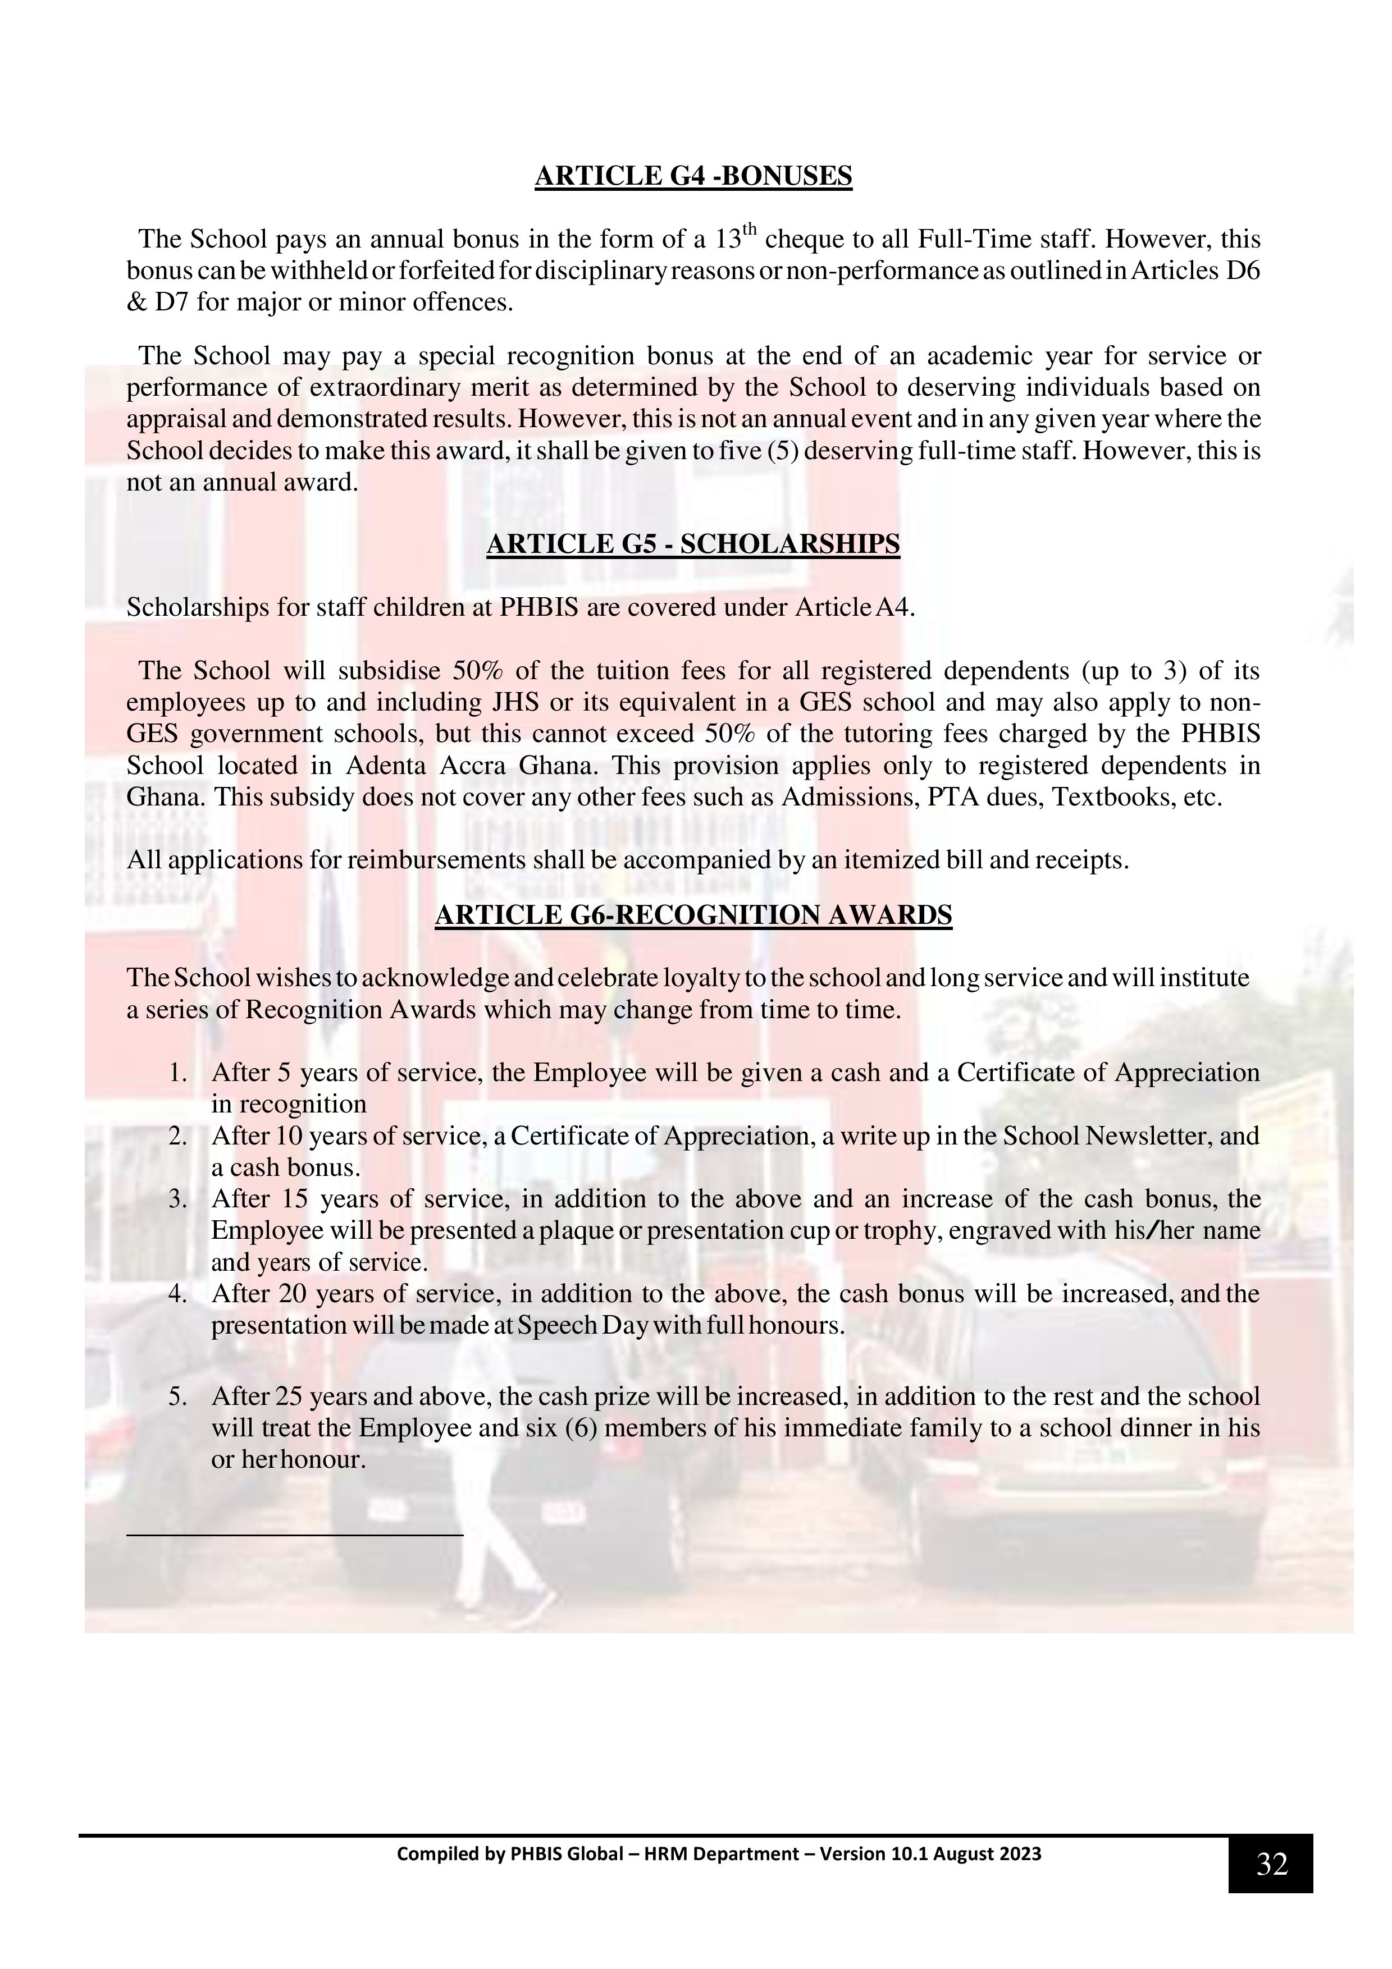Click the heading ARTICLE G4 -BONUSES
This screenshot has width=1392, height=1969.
(693, 176)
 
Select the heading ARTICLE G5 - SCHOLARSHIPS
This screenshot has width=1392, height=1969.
(693, 544)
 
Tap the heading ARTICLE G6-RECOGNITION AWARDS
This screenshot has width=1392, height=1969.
(693, 915)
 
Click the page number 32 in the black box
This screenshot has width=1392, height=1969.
(1271, 1863)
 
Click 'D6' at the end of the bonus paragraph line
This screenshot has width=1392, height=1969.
(1244, 271)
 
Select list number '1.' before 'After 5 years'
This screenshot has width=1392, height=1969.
(179, 1073)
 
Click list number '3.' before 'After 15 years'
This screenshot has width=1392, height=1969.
(179, 1199)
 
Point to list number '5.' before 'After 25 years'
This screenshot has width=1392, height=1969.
(179, 1397)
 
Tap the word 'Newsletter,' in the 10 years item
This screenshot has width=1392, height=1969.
(1149, 1136)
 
